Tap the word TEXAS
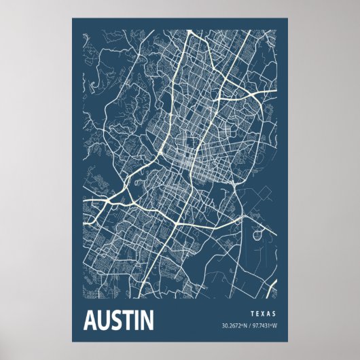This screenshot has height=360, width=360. (x=263, y=314)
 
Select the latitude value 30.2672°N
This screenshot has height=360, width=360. (x=234, y=326)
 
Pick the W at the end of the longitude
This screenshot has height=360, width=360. (x=274, y=326)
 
